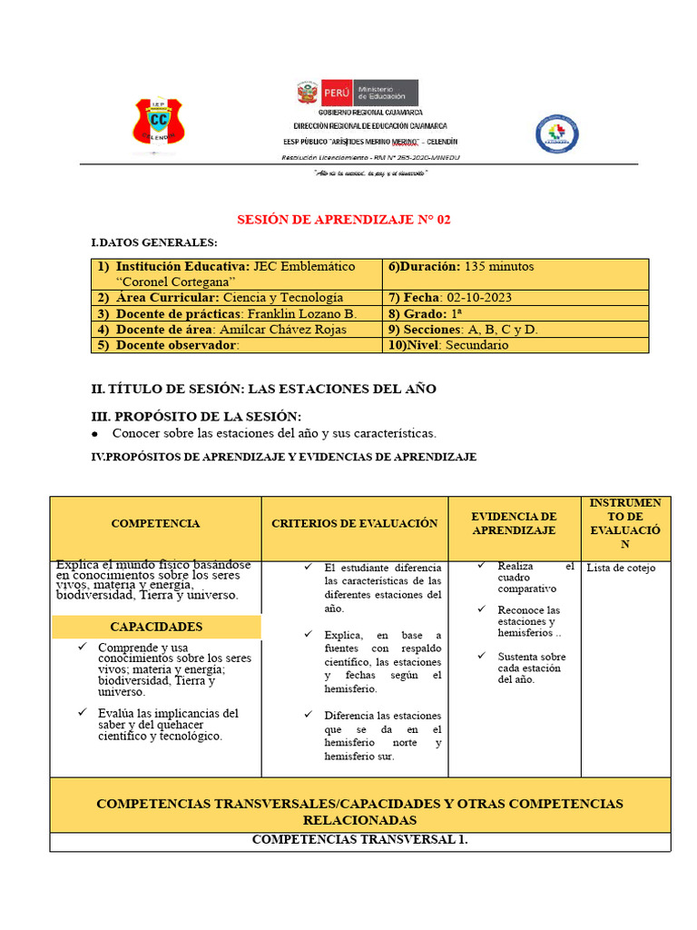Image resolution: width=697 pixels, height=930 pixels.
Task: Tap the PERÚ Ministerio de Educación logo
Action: tap(357, 93)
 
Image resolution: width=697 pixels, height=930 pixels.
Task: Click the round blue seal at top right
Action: tap(556, 134)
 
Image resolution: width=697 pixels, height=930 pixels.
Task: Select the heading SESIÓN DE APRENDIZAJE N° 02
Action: tap(343, 220)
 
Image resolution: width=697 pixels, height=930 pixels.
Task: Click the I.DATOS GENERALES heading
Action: tap(154, 243)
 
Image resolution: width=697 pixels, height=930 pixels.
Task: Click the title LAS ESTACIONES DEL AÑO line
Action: tap(264, 389)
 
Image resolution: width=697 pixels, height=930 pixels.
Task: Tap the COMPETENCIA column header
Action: tap(155, 523)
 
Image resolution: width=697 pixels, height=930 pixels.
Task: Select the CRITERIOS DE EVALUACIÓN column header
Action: tap(354, 523)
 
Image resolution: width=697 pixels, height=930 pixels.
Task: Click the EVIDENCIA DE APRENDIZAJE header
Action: tap(514, 523)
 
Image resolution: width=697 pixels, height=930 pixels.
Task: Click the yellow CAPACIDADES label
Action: tap(156, 627)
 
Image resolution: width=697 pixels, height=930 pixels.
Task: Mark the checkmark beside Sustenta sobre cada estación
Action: tap(482, 656)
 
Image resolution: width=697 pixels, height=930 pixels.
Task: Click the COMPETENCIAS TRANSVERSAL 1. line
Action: tap(359, 840)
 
